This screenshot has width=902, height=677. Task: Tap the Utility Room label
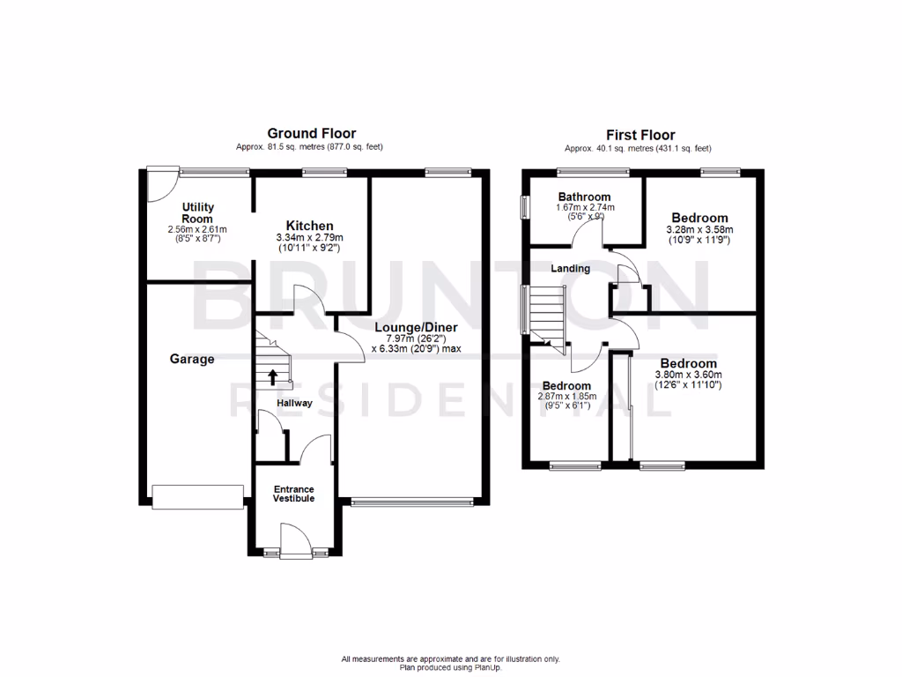coord(197,212)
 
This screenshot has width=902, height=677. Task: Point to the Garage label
coord(192,359)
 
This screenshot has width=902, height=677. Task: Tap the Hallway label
coord(294,403)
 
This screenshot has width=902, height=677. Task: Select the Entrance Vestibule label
coord(292,494)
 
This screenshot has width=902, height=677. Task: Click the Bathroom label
coord(584,197)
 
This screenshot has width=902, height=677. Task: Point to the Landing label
coord(571,268)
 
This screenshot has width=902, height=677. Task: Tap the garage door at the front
coord(197,496)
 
